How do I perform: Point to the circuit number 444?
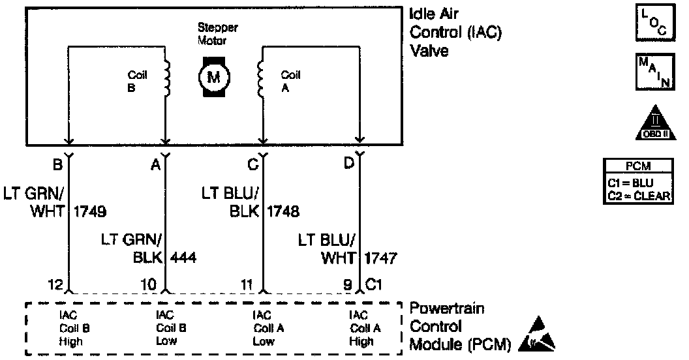coord(183,258)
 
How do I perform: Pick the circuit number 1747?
coord(381,258)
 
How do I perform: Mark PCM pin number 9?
coord(348,284)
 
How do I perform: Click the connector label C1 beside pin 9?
coord(375,284)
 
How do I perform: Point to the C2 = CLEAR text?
coord(638,196)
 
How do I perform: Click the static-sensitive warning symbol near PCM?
coord(538,336)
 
